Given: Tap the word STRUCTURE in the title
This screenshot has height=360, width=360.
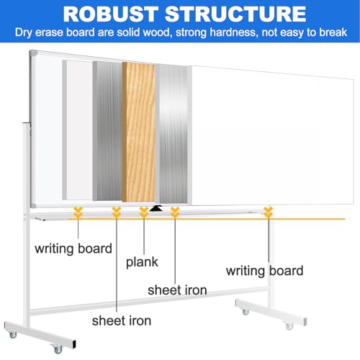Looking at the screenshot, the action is (x=235, y=14).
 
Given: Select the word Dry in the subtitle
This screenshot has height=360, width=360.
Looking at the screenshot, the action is (x=24, y=32).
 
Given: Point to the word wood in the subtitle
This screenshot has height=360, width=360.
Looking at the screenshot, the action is (x=158, y=32).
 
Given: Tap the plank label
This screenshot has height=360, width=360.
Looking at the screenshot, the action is (x=142, y=262).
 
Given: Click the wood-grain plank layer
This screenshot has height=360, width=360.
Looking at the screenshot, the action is (x=139, y=132).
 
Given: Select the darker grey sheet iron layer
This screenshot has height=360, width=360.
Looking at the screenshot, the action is (x=107, y=131).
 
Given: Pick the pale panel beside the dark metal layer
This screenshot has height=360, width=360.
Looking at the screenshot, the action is (x=78, y=130).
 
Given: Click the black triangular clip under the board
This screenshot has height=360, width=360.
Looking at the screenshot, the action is (x=156, y=208).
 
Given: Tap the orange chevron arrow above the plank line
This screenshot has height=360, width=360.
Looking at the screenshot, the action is (x=144, y=212).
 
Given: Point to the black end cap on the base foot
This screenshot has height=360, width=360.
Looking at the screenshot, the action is (x=74, y=344).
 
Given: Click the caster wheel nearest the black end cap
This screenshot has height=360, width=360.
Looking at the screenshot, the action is (x=58, y=349).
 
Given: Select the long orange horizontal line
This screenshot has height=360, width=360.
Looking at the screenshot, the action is (x=207, y=219).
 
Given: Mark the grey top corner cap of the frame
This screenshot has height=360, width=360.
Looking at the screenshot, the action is (x=33, y=53).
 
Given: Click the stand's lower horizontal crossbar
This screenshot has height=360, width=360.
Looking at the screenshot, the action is (x=149, y=300).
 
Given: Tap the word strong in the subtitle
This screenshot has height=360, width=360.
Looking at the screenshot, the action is (x=191, y=32).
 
